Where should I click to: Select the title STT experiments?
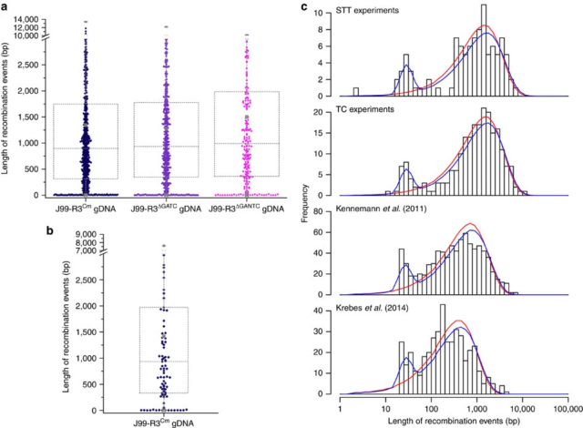(373, 11)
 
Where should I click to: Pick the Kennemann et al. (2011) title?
(391, 211)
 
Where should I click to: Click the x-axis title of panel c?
(454, 421)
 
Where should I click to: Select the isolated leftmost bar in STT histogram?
(355, 92)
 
